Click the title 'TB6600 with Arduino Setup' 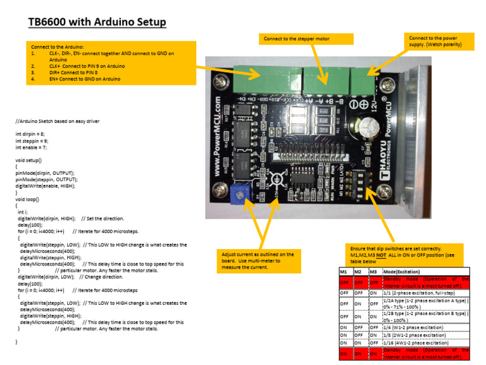point(97,23)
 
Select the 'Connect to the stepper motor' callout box point(306,39)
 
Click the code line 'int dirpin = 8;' point(30,134)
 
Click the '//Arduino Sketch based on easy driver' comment point(57,120)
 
